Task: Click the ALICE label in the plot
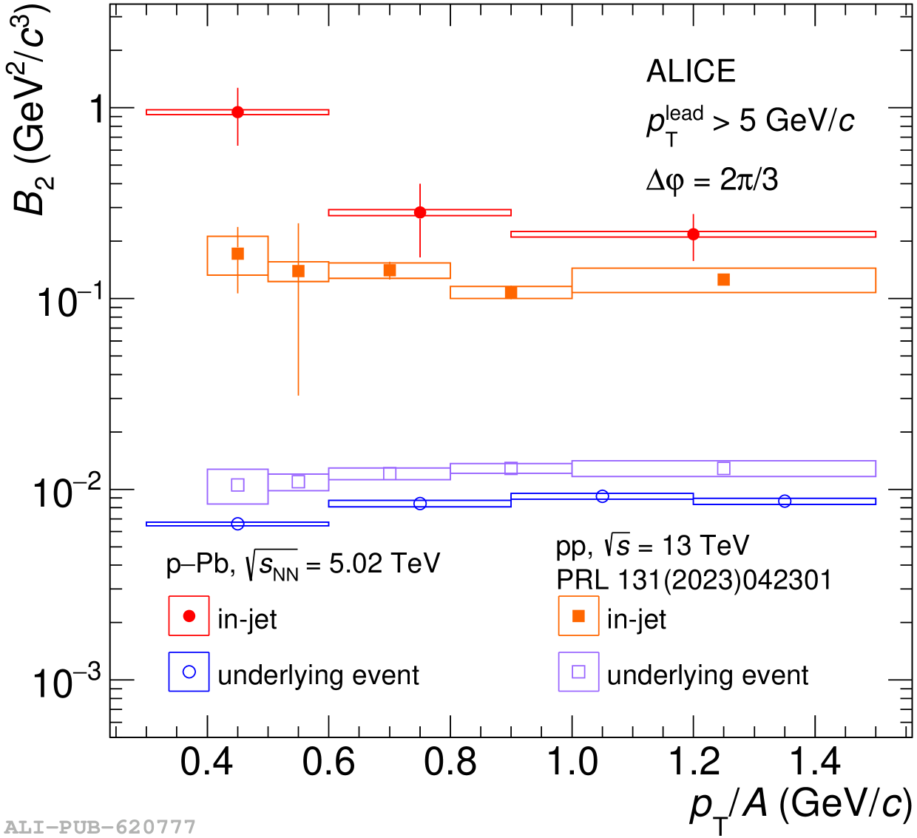[x=691, y=72]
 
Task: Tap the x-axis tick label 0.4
[x=207, y=763]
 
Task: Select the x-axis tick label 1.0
[x=572, y=763]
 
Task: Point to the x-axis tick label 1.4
[x=815, y=763]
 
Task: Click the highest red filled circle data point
[x=237, y=112]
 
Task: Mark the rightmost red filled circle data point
[x=693, y=234]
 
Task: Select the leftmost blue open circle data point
[x=237, y=524]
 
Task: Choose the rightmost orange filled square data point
[x=724, y=280]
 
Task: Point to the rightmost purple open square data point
[x=724, y=468]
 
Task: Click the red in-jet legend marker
[x=189, y=616]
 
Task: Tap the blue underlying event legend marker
[x=189, y=672]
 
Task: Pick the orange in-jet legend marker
[x=579, y=616]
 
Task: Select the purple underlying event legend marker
[x=579, y=672]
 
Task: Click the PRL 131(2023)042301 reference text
[x=694, y=581]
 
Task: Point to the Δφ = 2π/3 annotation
[x=712, y=180]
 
